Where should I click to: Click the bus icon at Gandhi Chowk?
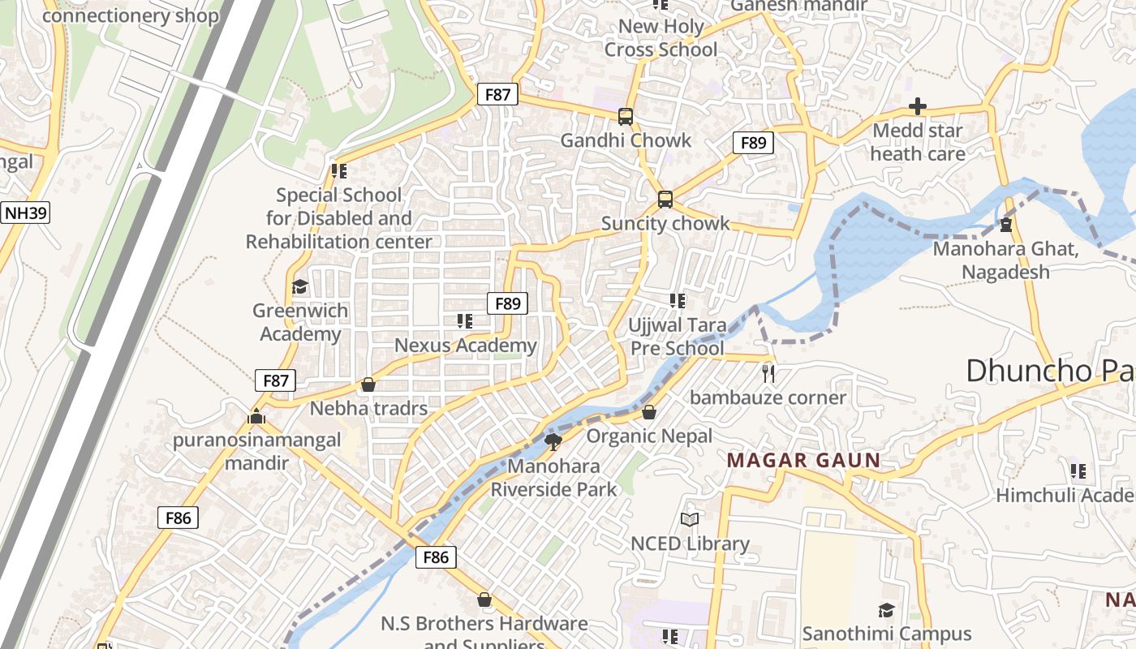pos(625,117)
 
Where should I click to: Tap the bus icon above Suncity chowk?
pos(665,200)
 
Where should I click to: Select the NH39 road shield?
pos(26,213)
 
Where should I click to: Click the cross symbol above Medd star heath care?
pos(918,106)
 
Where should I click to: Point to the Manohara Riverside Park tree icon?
pos(553,442)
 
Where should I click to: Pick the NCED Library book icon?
pos(690,519)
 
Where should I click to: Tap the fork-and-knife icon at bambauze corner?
pos(768,374)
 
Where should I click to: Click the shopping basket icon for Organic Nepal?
pos(649,413)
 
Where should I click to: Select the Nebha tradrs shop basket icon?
pos(368,385)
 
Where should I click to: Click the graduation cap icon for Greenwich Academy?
pos(299,287)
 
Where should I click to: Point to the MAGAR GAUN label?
pos(803,461)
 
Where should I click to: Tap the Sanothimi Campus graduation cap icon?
pos(886,610)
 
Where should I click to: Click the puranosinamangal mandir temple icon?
pos(256,417)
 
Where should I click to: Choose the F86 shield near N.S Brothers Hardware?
pos(436,557)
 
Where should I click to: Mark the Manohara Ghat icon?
pos(1006,225)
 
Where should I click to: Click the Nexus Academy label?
pos(466,346)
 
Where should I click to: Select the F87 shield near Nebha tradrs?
pos(275,380)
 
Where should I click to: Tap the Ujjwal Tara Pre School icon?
pos(678,302)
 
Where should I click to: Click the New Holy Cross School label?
pos(661,38)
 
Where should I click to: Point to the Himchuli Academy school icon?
pos(1078,471)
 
